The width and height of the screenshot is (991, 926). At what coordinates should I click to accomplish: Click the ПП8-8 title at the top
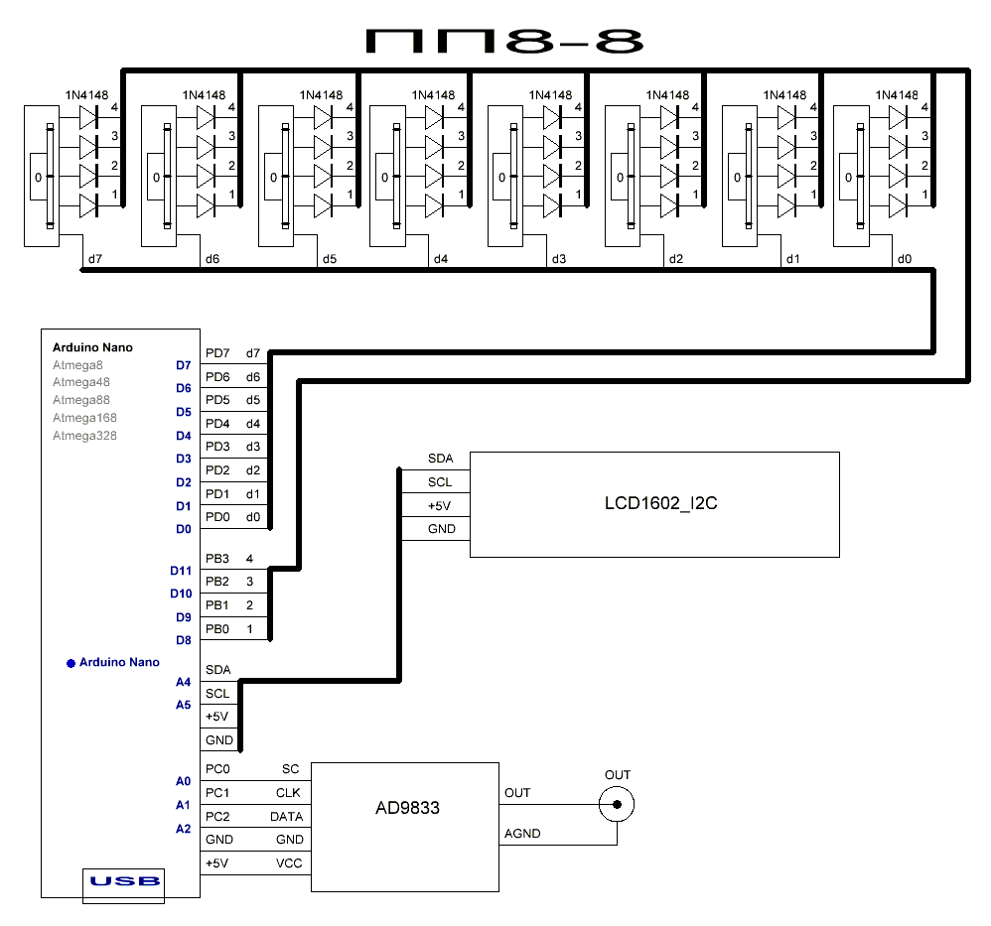click(x=504, y=41)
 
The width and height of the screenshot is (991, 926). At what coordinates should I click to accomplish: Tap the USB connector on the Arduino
click(x=124, y=882)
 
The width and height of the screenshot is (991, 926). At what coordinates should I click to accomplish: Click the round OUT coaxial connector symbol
click(x=617, y=805)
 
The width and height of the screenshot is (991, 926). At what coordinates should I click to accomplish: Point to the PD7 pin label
click(x=216, y=353)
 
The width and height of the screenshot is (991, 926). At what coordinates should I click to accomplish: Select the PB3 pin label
click(x=216, y=559)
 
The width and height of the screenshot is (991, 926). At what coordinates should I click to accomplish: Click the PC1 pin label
click(x=216, y=793)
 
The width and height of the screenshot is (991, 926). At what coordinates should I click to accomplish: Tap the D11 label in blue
click(x=180, y=571)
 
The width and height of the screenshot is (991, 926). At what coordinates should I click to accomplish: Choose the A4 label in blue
click(x=183, y=682)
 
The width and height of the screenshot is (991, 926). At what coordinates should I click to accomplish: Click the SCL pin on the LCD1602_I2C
click(x=440, y=482)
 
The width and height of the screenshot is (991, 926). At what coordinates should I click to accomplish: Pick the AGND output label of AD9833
click(x=522, y=834)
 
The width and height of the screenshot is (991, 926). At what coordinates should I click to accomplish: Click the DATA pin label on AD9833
click(x=286, y=817)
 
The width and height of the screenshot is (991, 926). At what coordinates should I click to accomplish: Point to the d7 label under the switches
click(x=95, y=260)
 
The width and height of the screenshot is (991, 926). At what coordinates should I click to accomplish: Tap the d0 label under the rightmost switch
click(x=904, y=260)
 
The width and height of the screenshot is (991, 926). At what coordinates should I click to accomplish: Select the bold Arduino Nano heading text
click(x=92, y=347)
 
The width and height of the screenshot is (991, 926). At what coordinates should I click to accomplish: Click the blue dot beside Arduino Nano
click(x=71, y=663)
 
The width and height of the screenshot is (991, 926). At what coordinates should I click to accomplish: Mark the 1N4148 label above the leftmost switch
click(x=86, y=95)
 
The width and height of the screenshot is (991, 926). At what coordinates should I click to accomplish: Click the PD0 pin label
click(x=216, y=517)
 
